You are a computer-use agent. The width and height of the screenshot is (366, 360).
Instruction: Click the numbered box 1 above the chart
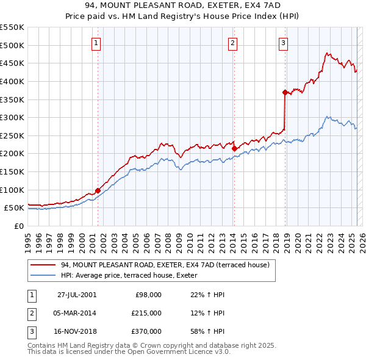tap(98, 43)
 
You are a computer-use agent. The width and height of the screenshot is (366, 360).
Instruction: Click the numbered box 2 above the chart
tap(233, 43)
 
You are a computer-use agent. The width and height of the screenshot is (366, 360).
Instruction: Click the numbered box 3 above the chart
tap(284, 43)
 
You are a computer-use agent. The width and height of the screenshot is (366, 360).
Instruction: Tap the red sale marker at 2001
tap(98, 190)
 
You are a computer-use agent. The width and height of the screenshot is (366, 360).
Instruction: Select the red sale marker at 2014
tap(234, 148)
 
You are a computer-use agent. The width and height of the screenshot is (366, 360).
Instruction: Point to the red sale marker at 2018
tap(285, 92)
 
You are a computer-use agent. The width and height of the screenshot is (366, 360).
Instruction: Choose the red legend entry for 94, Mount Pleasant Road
tap(165, 265)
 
